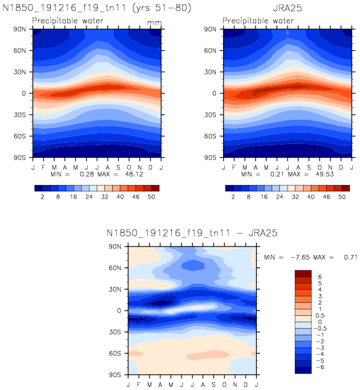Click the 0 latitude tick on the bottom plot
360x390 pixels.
point(125,311)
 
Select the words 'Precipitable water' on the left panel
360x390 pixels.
point(68,21)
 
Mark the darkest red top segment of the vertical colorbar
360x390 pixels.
point(303,273)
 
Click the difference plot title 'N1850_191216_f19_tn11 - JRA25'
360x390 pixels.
point(188,232)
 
